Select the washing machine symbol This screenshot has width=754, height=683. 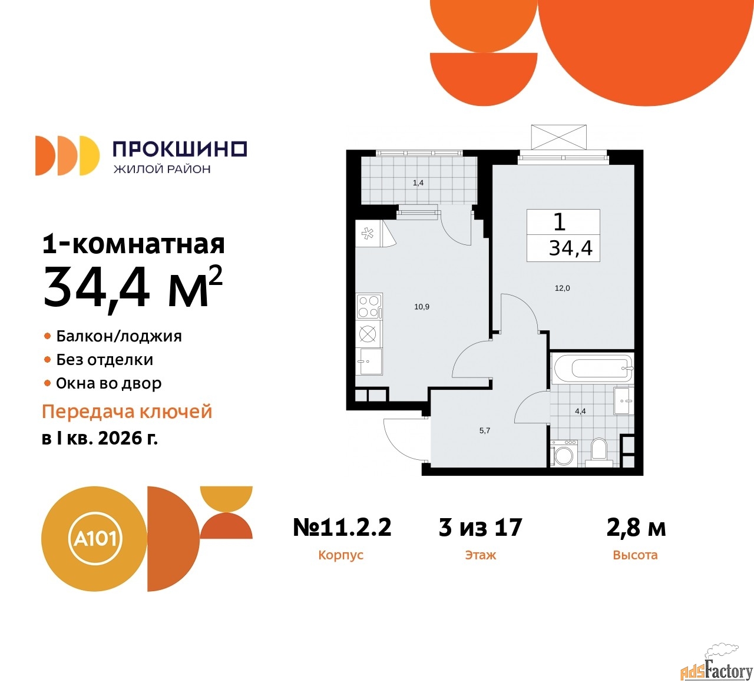click(563, 453)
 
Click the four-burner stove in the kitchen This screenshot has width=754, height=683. click(369, 306)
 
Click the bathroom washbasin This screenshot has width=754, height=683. click(624, 400)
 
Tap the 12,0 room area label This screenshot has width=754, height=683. click(563, 288)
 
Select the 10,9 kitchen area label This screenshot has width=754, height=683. click(422, 307)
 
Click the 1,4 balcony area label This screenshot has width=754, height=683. click(418, 183)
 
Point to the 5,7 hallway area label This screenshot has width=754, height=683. click(485, 430)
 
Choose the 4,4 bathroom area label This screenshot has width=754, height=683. click(580, 411)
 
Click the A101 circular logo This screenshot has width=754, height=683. click(94, 539)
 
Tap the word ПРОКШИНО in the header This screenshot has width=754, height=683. click(180, 149)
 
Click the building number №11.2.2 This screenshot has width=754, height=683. click(342, 527)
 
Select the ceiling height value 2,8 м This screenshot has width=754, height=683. click(636, 527)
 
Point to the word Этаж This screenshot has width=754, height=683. click(480, 555)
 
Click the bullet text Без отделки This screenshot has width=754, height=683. click(104, 360)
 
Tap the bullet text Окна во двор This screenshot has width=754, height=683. click(108, 383)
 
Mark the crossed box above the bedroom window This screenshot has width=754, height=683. click(558, 138)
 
